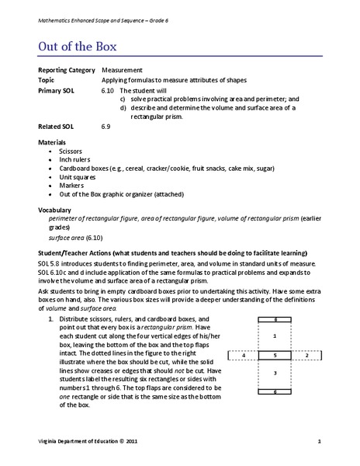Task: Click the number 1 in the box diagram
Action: (275, 336)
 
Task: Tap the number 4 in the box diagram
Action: (244, 354)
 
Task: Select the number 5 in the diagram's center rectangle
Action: (275, 354)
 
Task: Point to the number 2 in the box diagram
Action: (307, 354)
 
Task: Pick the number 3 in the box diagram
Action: (275, 374)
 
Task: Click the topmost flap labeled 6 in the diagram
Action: (275, 319)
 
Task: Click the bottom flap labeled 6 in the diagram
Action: (275, 391)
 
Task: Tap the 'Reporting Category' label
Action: (64, 70)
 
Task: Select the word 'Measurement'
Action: (121, 70)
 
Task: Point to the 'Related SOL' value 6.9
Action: (106, 125)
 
